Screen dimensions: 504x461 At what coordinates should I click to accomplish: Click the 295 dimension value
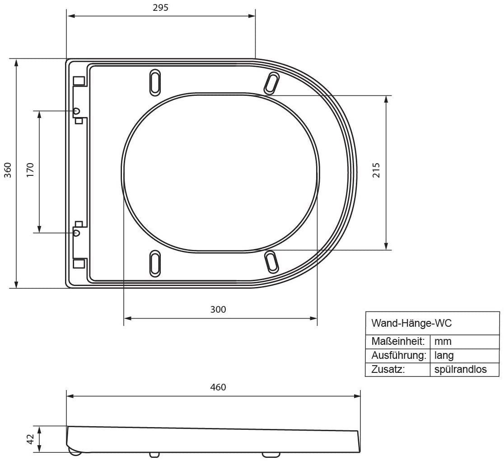tap(160, 7)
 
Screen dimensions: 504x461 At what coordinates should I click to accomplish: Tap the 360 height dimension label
tap(8, 170)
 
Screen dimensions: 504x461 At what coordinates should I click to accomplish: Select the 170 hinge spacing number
tap(30, 170)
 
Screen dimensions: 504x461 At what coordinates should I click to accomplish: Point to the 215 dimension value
tap(376, 170)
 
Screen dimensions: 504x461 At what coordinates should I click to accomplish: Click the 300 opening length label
tap(218, 310)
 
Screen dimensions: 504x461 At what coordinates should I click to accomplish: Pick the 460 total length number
tap(218, 387)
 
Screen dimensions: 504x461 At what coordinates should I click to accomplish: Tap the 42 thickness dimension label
tap(30, 439)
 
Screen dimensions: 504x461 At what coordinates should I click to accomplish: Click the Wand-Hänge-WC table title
tap(411, 323)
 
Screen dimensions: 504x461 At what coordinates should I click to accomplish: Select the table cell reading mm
tap(443, 341)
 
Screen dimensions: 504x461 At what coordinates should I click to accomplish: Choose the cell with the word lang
tap(444, 356)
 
